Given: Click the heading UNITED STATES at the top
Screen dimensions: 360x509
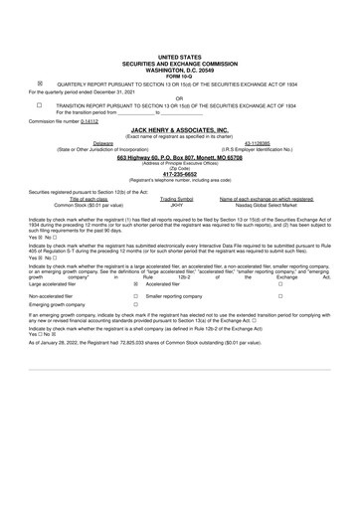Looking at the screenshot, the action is tap(179, 59).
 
